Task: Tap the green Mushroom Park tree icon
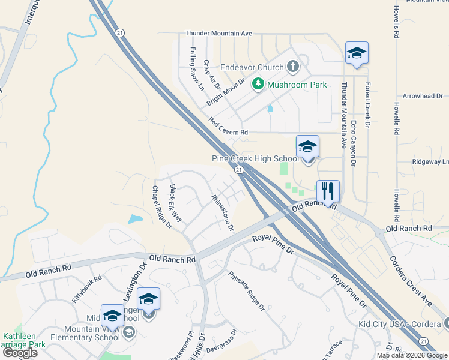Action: point(258,84)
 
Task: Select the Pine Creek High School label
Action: point(255,159)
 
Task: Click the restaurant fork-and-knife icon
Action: point(328,191)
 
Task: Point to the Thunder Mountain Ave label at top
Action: point(218,34)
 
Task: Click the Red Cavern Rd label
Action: point(228,127)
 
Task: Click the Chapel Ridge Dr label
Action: point(162,207)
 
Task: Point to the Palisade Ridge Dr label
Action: point(246,292)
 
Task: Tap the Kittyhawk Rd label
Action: point(88,289)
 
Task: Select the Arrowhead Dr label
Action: point(423,96)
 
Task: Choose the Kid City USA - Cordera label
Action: point(397,324)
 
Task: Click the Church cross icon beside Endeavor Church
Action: point(293,66)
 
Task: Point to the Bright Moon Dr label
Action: point(226,92)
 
